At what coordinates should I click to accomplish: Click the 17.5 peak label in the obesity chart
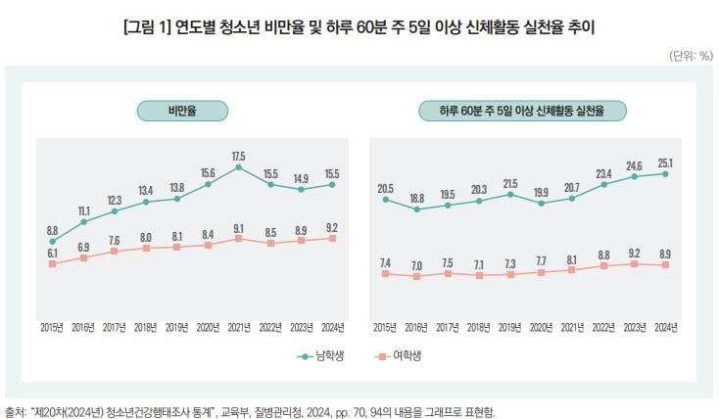(239, 156)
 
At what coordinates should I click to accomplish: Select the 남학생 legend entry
(320, 356)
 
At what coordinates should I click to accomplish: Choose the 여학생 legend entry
(400, 356)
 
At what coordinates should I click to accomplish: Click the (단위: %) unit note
(691, 56)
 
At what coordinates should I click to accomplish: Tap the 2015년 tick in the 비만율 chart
(52, 325)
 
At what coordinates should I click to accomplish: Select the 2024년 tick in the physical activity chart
(666, 325)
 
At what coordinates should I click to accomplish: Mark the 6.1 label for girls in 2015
(52, 253)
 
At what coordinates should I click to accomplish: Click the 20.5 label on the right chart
(385, 188)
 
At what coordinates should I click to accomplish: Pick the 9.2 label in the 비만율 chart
(333, 227)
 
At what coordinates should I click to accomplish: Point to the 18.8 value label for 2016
(416, 197)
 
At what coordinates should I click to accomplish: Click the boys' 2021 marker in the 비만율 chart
(239, 167)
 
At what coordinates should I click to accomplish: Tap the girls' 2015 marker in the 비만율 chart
(52, 263)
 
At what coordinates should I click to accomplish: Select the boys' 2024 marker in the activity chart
(666, 174)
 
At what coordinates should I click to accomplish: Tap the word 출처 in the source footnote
(16, 411)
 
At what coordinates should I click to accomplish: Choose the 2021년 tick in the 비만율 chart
(239, 325)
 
